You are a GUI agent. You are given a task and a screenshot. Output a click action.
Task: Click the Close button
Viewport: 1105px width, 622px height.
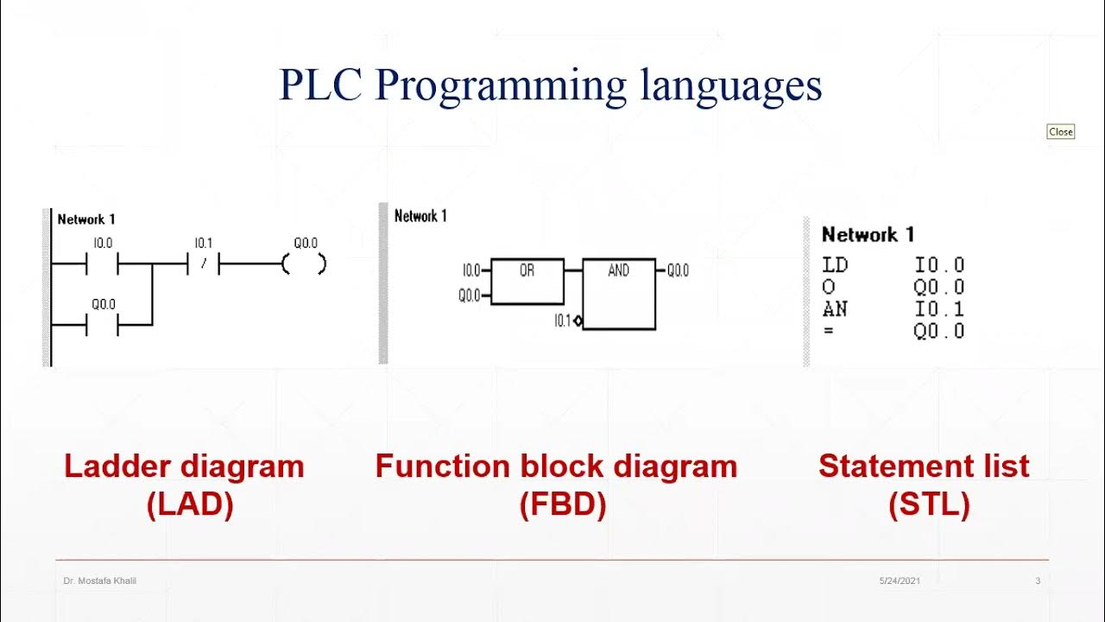tap(1060, 132)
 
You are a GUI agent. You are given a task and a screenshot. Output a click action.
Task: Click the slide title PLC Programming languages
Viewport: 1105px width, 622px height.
tap(550, 86)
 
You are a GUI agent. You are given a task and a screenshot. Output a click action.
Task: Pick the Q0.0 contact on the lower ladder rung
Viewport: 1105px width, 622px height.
tap(102, 325)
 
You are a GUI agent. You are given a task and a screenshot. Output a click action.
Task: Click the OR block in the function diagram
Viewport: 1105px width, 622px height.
tap(527, 281)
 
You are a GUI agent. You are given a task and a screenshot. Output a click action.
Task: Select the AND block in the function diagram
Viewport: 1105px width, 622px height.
tap(618, 294)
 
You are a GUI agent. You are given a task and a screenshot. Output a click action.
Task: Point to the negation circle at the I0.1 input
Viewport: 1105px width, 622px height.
tap(578, 321)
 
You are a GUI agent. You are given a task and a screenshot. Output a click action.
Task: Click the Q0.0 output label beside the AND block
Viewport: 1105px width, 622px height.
tap(678, 271)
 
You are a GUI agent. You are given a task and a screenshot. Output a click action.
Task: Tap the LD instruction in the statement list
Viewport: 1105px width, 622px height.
tap(835, 265)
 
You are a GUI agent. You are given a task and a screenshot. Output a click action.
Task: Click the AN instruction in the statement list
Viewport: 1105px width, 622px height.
tap(834, 309)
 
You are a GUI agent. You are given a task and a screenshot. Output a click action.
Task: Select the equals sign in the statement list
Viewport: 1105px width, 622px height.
tap(829, 331)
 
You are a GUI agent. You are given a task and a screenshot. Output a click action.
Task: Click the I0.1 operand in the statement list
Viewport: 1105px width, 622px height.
tap(939, 309)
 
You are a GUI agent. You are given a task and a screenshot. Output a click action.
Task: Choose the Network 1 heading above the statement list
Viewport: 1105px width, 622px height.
tap(868, 235)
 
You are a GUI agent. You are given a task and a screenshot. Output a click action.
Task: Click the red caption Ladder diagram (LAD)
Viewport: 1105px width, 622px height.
tap(184, 485)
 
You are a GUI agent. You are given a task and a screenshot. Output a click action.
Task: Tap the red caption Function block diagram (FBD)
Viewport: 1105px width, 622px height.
tap(556, 485)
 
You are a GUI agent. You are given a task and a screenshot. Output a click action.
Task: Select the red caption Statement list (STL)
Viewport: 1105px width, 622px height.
tap(924, 485)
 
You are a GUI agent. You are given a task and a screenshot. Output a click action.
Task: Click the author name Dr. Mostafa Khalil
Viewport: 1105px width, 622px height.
tap(100, 581)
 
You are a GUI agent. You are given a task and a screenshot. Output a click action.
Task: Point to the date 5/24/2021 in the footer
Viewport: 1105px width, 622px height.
tap(900, 581)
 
